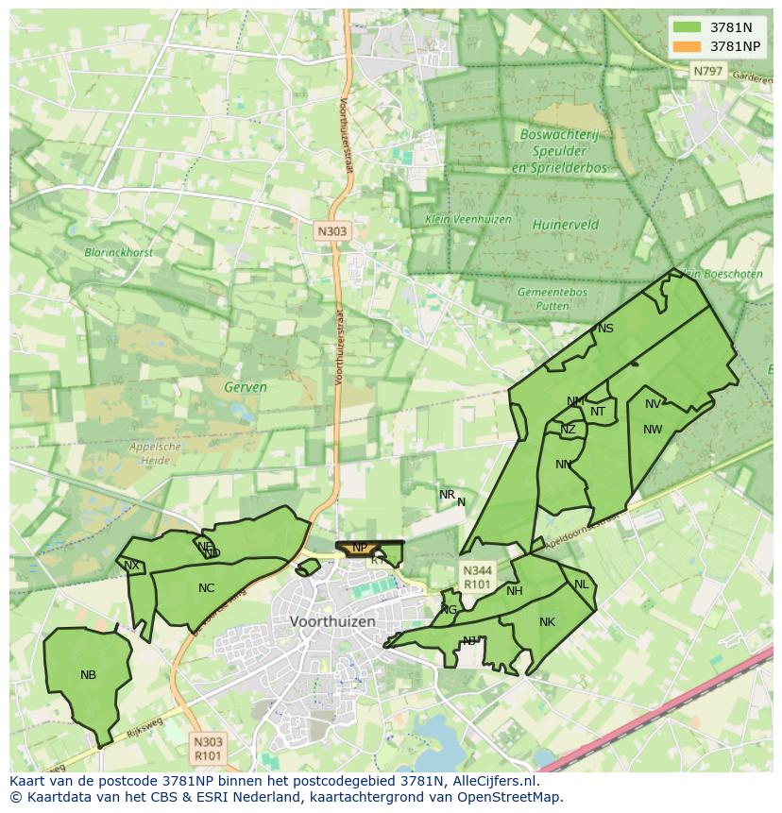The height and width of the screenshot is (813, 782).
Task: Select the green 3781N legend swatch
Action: tap(688, 28)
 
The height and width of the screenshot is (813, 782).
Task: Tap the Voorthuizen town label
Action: tap(332, 622)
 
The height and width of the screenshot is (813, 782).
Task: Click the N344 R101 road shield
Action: tap(476, 577)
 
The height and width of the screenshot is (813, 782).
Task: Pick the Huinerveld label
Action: tap(565, 225)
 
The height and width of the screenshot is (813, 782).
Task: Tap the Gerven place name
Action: tap(246, 387)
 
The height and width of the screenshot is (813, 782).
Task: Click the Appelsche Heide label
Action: tap(155, 453)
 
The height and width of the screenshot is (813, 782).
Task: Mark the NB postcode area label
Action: tap(88, 674)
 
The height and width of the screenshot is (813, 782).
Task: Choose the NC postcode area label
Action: tap(206, 588)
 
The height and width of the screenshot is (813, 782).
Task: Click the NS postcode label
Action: tap(605, 329)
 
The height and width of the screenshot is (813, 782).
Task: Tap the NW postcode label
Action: tap(652, 430)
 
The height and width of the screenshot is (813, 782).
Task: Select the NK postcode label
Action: tap(547, 622)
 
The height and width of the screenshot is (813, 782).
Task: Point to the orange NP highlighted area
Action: tap(360, 548)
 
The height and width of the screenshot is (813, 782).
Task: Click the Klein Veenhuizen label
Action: tap(467, 219)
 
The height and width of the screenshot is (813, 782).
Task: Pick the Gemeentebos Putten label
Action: tap(552, 298)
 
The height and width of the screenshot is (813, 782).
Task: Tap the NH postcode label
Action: tap(514, 591)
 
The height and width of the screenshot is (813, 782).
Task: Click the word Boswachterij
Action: tap(559, 135)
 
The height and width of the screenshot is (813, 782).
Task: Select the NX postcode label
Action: tap(131, 566)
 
